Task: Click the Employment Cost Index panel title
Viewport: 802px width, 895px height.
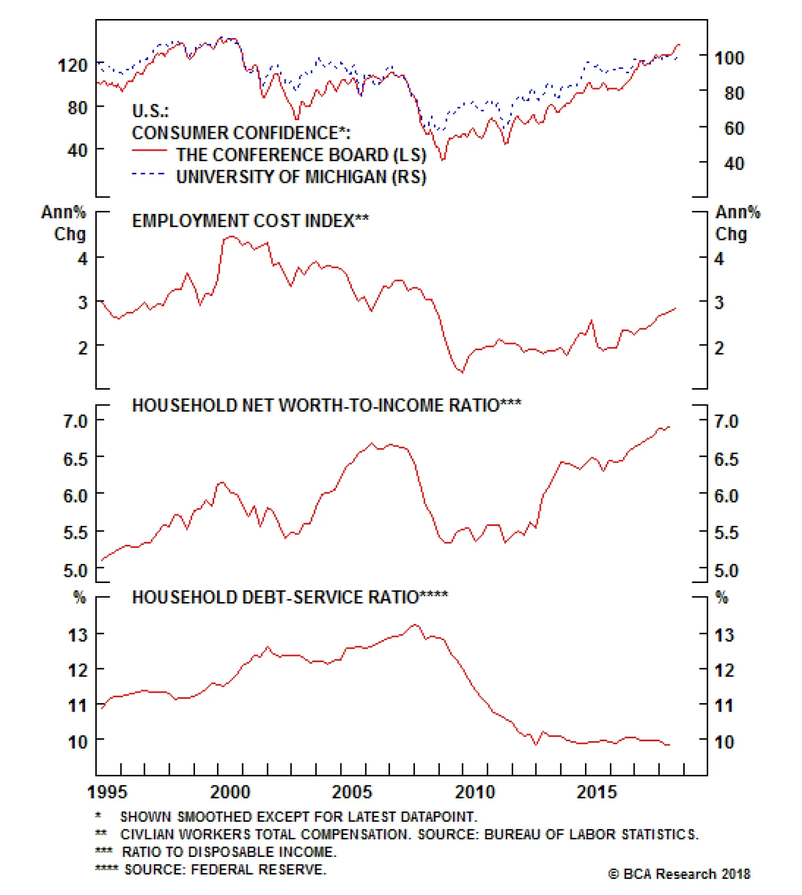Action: (x=250, y=221)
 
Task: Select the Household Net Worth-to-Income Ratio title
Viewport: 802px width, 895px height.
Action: (x=326, y=405)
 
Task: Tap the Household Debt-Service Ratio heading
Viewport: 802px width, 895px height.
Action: (x=290, y=597)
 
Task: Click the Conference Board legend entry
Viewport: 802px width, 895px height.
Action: (x=301, y=155)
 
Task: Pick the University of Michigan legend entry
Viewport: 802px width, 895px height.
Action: (x=301, y=177)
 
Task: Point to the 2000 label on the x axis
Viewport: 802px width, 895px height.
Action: (x=230, y=792)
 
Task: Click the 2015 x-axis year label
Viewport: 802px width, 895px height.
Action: (x=596, y=792)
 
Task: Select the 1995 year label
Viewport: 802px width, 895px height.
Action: (x=107, y=792)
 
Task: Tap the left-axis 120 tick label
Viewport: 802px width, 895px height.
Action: (x=73, y=65)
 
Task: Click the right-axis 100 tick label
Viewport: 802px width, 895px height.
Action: (x=729, y=58)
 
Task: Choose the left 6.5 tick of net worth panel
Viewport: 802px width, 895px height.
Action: (x=75, y=459)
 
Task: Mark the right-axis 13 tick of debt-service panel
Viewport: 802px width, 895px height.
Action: (x=724, y=635)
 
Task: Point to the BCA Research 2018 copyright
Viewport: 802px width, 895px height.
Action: (x=679, y=874)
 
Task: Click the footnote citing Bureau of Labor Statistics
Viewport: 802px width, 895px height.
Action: (x=409, y=834)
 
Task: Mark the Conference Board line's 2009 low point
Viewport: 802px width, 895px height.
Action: (x=443, y=160)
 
